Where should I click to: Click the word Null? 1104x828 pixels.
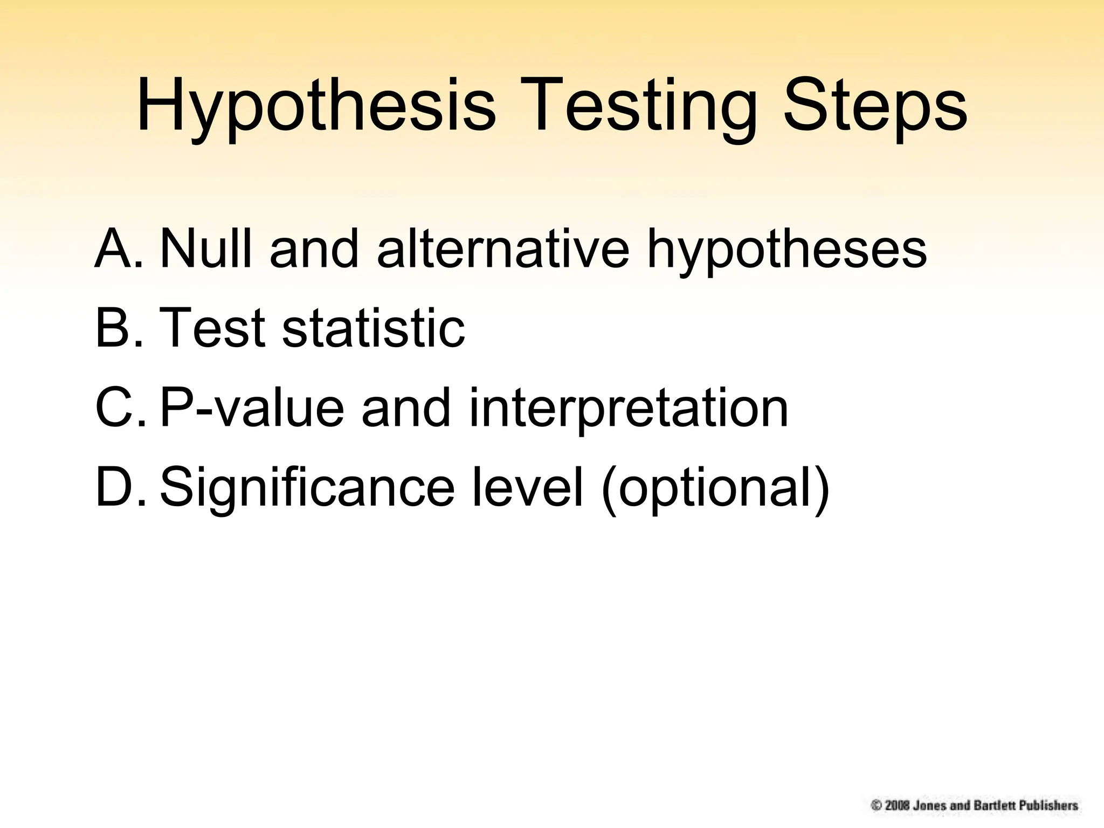[205, 249]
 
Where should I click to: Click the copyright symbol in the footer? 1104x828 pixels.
[877, 805]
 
